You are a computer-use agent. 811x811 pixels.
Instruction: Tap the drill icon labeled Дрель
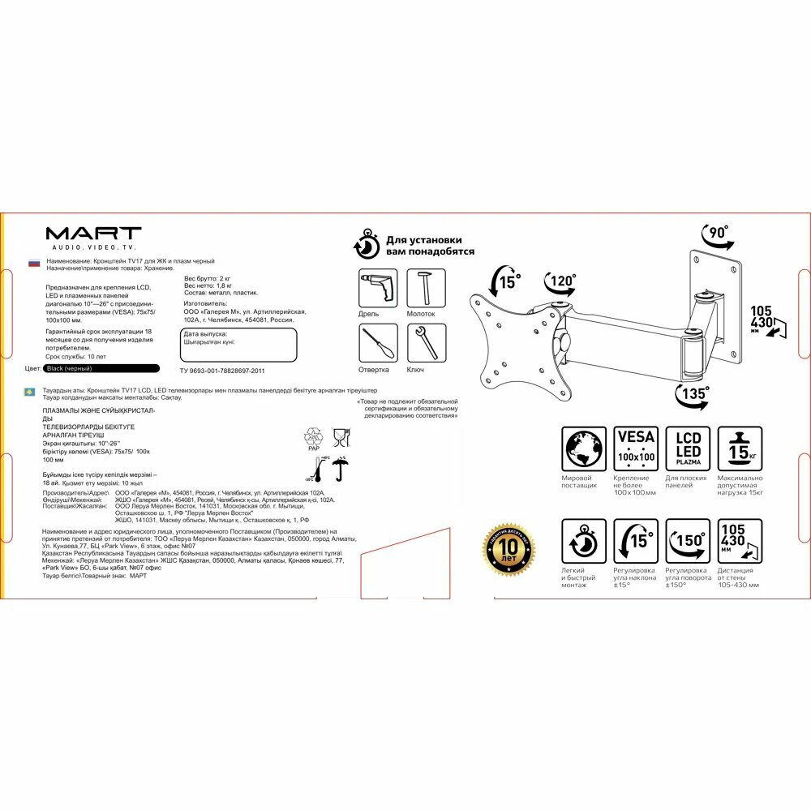pos(378,289)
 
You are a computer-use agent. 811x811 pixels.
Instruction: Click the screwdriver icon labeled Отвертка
pos(378,344)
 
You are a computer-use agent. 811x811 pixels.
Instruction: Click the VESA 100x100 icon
pos(636,449)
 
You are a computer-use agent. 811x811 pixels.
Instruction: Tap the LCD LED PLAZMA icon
pos(688,449)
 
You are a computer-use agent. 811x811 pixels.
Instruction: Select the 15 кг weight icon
pos(740,449)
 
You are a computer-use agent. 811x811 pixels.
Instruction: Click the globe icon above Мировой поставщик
pos(584,449)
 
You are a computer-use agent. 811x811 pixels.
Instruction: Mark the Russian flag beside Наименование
pos(34,263)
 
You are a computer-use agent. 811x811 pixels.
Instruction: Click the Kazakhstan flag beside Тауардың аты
pos(30,392)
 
